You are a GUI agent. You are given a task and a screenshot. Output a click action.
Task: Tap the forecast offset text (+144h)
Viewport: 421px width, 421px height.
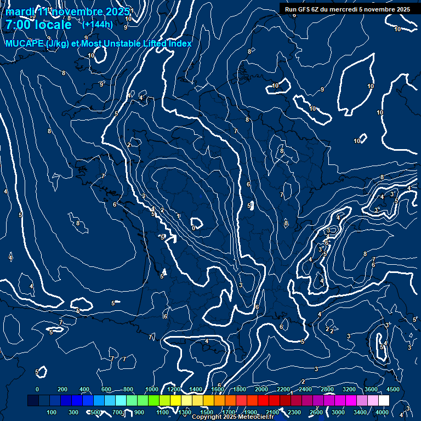[97, 24]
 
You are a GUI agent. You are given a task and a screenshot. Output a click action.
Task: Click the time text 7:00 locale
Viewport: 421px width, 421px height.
[38, 25]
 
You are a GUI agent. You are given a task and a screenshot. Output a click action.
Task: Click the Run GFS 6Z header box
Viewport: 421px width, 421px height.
[348, 9]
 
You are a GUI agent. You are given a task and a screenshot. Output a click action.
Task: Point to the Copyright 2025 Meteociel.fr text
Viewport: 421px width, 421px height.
[232, 417]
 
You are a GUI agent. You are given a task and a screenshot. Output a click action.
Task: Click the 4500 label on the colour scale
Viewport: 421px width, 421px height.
[393, 389]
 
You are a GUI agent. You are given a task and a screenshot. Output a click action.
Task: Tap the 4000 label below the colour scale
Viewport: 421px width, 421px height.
[382, 412]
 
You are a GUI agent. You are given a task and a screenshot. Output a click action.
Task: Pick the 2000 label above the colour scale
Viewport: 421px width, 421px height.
[261, 389]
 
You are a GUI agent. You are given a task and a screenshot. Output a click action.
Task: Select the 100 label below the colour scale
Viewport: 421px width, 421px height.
[52, 412]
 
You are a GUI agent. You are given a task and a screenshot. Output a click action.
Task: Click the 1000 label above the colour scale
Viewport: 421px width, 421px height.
[152, 389]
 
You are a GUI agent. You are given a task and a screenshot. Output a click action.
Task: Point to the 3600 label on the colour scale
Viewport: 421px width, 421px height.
[371, 389]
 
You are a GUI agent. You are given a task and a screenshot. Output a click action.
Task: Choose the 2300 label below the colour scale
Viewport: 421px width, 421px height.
[294, 412]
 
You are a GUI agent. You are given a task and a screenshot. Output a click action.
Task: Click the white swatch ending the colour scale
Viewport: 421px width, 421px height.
[384, 401]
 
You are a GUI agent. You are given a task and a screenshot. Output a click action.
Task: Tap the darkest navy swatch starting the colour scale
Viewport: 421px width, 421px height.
[33, 401]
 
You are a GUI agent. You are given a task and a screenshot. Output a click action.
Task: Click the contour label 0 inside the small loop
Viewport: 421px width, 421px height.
[194, 227]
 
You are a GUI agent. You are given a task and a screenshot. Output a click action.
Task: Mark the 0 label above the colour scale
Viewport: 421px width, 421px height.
[37, 389]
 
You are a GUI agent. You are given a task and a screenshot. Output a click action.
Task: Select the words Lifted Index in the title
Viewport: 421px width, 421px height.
[164, 43]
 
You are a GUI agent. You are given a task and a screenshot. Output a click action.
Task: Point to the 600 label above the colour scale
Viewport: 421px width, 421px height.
[106, 389]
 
